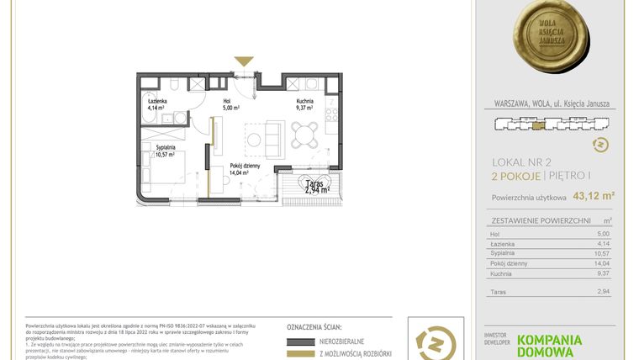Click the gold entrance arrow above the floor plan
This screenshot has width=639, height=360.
[x=244, y=61]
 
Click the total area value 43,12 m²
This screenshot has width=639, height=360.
[x=594, y=197]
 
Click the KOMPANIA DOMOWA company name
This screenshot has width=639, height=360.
[x=549, y=345]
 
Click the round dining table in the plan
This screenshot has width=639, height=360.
[x=304, y=130]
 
